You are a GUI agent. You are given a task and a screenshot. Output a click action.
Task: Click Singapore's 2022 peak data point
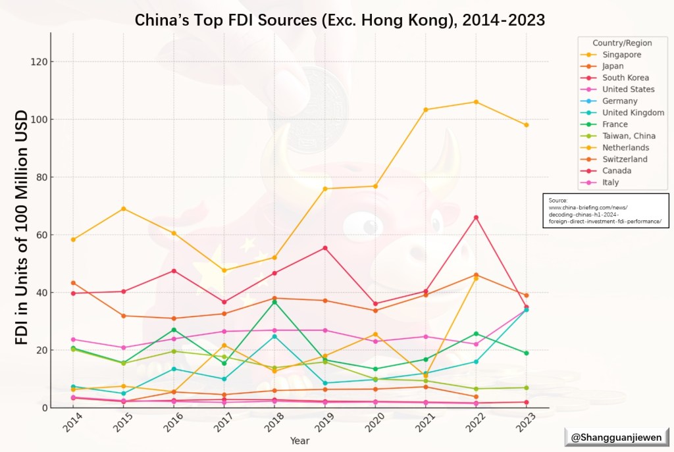(x=476, y=102)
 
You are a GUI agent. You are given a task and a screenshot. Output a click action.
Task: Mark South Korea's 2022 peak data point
(x=476, y=217)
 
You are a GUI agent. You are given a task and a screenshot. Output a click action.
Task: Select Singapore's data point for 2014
(x=73, y=239)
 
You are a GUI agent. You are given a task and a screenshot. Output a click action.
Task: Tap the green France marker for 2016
(x=174, y=330)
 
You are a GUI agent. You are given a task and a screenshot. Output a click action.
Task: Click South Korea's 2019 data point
(x=325, y=248)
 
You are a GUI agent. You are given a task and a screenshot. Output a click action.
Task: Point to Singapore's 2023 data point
(x=526, y=125)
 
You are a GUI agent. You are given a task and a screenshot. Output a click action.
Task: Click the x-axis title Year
(x=299, y=441)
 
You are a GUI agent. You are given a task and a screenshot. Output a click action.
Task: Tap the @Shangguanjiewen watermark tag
(x=616, y=436)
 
